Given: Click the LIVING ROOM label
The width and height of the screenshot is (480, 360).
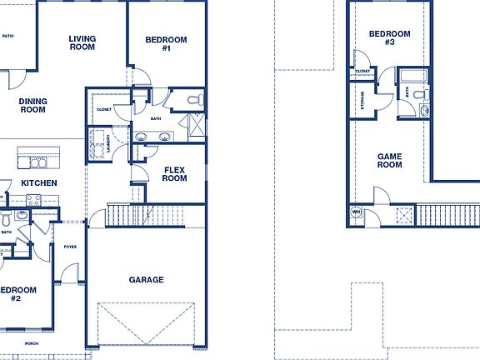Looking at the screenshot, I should pyautogui.click(x=82, y=43).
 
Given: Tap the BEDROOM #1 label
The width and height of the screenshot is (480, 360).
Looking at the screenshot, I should pyautogui.click(x=166, y=44).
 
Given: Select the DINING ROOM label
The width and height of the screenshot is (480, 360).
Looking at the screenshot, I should pyautogui.click(x=32, y=106).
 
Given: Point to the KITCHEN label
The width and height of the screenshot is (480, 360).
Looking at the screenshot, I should pyautogui.click(x=38, y=183).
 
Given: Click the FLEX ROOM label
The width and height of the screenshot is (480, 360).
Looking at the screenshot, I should pyautogui.click(x=173, y=173).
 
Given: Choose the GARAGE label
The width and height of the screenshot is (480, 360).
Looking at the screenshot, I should pyautogui.click(x=146, y=280).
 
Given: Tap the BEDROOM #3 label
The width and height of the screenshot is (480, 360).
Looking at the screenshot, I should pyautogui.click(x=390, y=38).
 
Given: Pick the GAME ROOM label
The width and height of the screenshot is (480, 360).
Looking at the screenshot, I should pyautogui.click(x=389, y=161).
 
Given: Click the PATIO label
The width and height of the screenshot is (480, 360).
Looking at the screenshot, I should pyautogui.click(x=8, y=36).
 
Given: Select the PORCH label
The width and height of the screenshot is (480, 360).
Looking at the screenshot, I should pyautogui.click(x=32, y=343).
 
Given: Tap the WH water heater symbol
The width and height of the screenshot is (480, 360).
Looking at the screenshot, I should pyautogui.click(x=356, y=212).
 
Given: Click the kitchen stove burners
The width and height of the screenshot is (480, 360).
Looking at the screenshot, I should pyautogui.click(x=33, y=200).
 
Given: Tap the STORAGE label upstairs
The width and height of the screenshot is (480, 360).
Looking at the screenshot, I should pyautogui.click(x=362, y=100).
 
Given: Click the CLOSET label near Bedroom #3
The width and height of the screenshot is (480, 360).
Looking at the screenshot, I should pyautogui.click(x=362, y=72).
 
